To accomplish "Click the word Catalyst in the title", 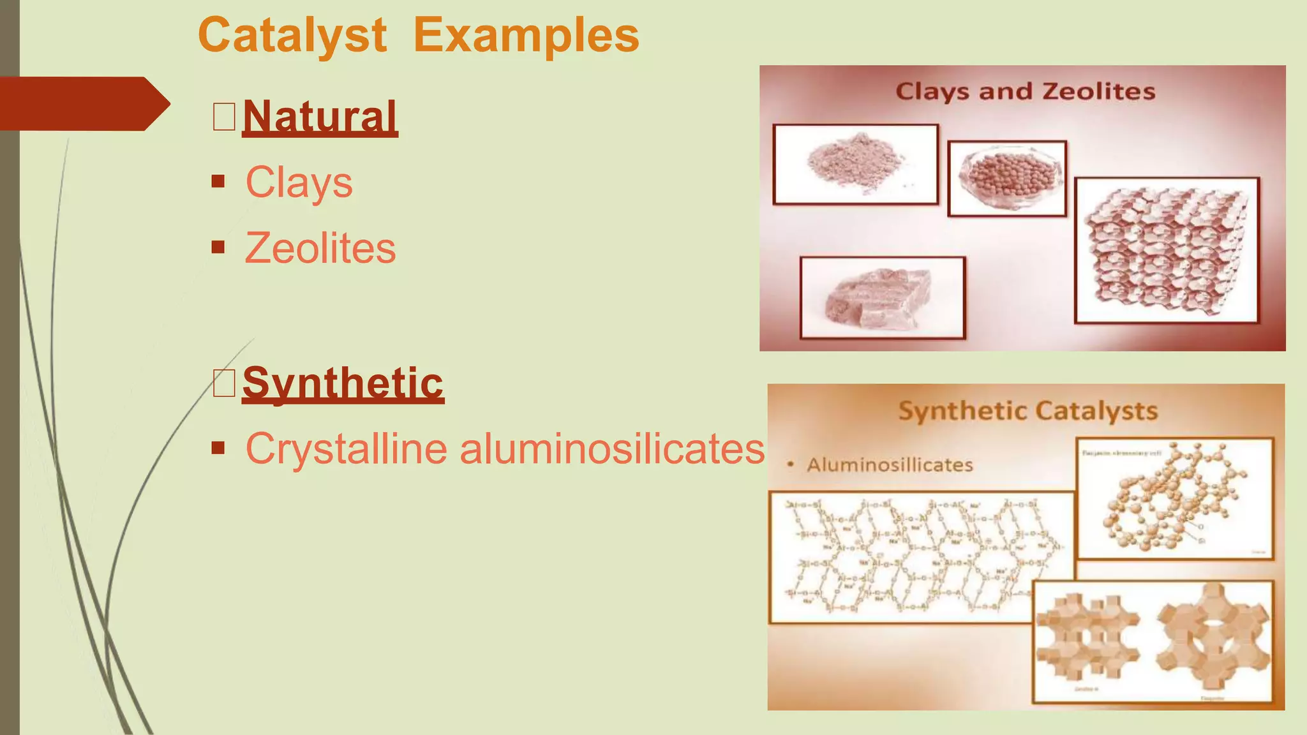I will click(292, 35).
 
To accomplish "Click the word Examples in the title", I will click(526, 35).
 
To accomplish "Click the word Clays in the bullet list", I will click(299, 182).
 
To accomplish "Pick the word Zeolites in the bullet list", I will click(320, 248).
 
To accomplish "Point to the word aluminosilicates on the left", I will click(611, 449).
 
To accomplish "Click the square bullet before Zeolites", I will click(218, 247).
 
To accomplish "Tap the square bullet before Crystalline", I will click(218, 448).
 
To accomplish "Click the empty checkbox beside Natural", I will click(224, 117).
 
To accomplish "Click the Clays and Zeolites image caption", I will click(1025, 91).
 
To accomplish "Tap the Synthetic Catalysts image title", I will click(1027, 411).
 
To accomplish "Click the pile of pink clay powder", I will click(855, 163).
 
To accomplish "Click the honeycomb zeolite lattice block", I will click(1167, 250).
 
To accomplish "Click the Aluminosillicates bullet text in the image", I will click(890, 464).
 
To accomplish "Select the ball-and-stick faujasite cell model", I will click(1174, 498).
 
